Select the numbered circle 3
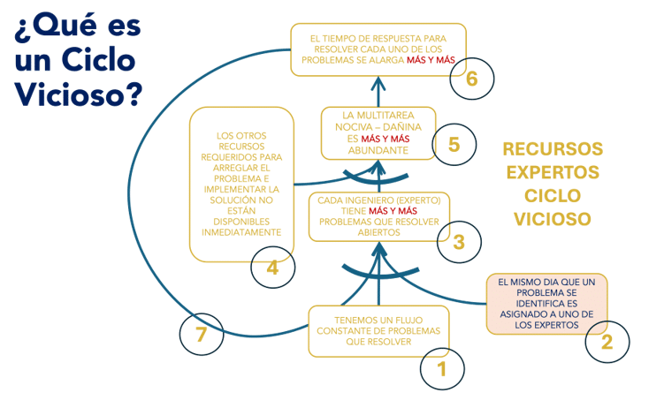458,241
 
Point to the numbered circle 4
273,267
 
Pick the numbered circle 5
454,144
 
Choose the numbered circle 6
471,78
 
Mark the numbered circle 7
202,334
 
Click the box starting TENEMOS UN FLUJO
378,331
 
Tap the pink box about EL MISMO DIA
546,304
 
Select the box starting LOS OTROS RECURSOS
242,184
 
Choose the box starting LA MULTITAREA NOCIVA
378,132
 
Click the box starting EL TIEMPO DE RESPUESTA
378,49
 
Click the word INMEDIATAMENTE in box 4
242,231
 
